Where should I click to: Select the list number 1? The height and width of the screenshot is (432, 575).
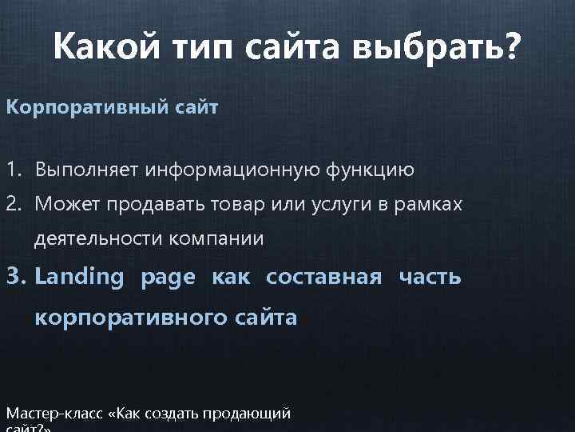click(x=14, y=170)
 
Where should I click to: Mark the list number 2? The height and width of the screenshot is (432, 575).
click(x=14, y=205)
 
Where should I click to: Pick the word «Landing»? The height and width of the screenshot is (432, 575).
click(x=80, y=278)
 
